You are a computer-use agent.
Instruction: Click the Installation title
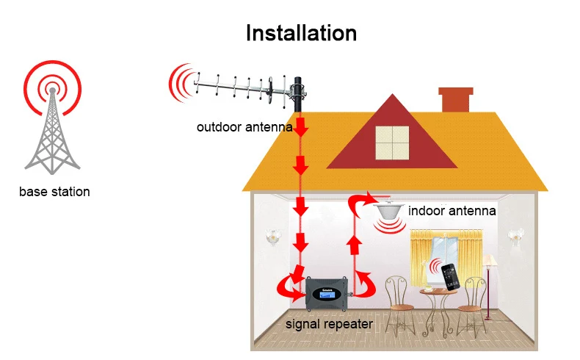pyautogui.click(x=301, y=33)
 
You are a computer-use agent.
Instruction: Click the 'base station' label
pyautogui.click(x=55, y=192)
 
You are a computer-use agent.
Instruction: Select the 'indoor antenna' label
pyautogui.click(x=452, y=211)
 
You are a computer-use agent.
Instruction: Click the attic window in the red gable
pyautogui.click(x=391, y=143)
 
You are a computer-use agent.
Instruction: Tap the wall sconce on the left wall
pyautogui.click(x=274, y=237)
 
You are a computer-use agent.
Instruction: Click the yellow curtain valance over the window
pyautogui.click(x=446, y=237)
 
